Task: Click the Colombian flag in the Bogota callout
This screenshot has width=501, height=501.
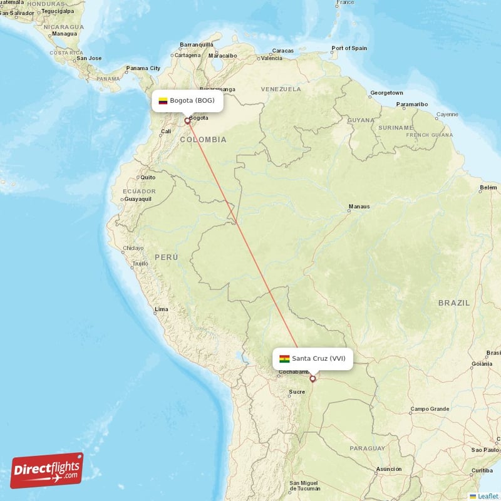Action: (x=163, y=101)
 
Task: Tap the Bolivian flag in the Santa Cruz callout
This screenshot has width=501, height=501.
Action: (x=284, y=359)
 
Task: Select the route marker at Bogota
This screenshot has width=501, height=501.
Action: (x=187, y=121)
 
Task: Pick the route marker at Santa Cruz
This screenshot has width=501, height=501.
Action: (x=312, y=378)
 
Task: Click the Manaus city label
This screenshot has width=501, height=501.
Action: (x=359, y=207)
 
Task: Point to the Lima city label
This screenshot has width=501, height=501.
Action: (x=161, y=309)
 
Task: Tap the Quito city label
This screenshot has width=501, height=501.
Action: (x=148, y=177)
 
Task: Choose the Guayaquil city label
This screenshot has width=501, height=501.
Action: (x=138, y=199)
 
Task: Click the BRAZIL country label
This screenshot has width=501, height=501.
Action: (x=454, y=302)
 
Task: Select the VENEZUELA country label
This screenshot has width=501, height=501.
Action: (x=281, y=89)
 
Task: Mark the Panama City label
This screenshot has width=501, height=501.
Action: (x=143, y=68)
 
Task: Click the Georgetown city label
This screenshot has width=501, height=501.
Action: (x=386, y=93)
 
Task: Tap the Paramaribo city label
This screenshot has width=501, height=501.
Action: (x=412, y=104)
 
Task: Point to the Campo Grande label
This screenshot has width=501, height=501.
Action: (x=430, y=409)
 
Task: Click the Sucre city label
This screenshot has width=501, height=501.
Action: (x=297, y=393)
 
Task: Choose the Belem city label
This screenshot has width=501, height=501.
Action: (x=488, y=187)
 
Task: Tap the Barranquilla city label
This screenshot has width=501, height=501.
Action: (x=197, y=44)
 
